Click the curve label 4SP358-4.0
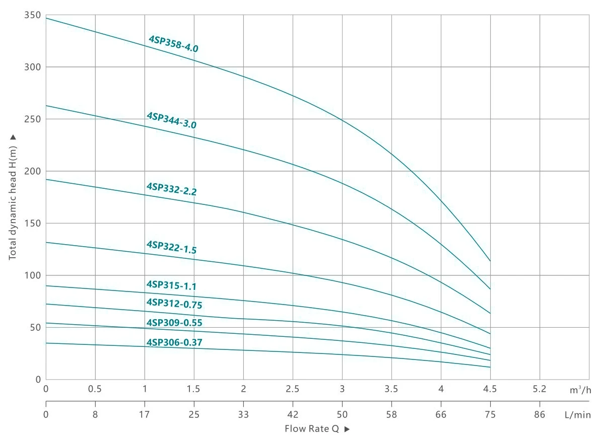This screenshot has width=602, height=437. [x=173, y=44]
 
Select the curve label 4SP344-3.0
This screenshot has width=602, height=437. [x=171, y=121]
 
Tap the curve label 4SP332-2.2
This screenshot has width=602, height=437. [x=171, y=189]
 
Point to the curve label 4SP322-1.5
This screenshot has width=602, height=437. [x=171, y=247]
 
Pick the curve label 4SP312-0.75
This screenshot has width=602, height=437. [x=174, y=304]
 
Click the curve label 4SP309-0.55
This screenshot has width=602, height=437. [x=174, y=323]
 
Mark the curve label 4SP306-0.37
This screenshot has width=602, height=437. [x=174, y=343]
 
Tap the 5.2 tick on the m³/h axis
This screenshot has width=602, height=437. [x=540, y=389]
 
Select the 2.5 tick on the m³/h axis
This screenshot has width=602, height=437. [x=293, y=389]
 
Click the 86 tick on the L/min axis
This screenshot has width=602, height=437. [x=540, y=415]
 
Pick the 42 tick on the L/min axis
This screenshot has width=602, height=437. [x=293, y=415]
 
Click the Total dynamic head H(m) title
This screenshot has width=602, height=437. [x=13, y=196]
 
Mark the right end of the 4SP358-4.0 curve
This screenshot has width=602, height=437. [x=490, y=261]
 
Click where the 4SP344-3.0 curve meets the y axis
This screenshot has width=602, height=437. [x=46, y=106]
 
